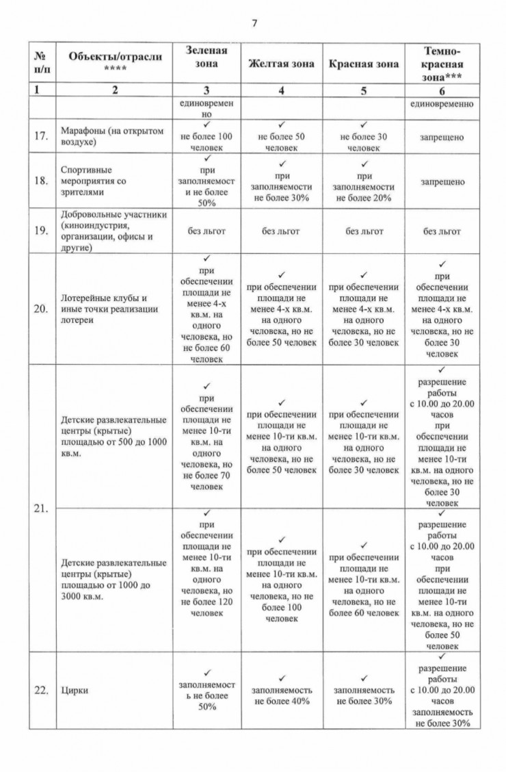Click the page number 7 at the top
(x=254, y=23)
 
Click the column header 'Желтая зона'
(x=281, y=64)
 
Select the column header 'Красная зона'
(x=363, y=64)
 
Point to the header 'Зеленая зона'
(x=206, y=57)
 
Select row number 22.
(x=40, y=691)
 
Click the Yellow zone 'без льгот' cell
(x=281, y=231)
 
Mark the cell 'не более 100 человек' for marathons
(x=206, y=142)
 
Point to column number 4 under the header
(x=281, y=91)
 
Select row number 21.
(x=40, y=509)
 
